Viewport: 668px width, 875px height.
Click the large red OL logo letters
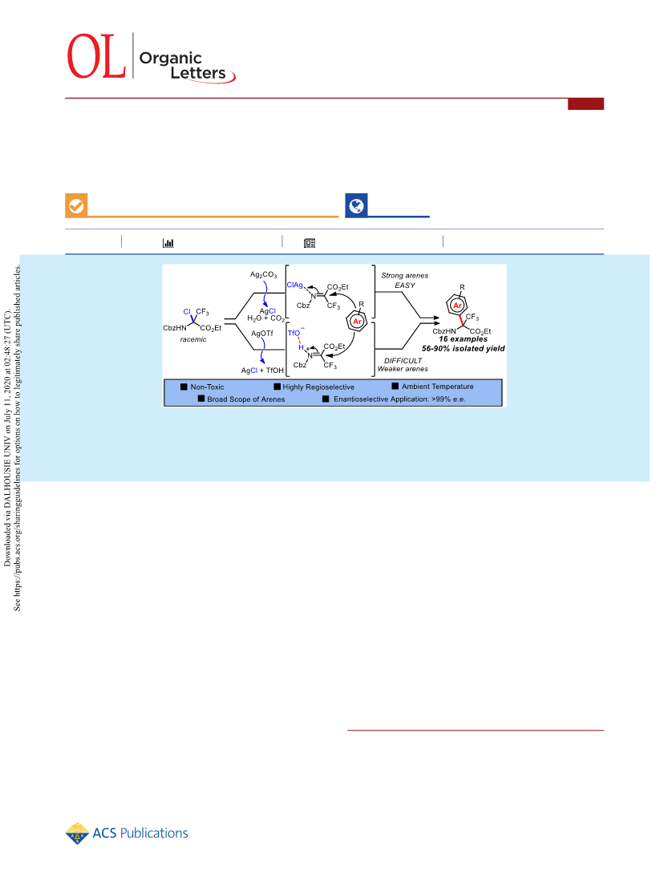96,56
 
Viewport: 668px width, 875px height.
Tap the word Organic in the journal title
170,59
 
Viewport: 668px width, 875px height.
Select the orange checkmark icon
76,205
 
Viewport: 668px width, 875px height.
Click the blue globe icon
356,205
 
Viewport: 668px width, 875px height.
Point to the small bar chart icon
168,243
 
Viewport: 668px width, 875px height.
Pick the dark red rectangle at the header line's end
585,103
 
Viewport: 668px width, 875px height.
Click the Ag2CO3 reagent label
263,274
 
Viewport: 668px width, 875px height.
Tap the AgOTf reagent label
262,333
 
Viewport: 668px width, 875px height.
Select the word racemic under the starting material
193,339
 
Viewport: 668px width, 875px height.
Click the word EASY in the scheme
405,286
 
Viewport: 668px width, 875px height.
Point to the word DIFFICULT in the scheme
403,360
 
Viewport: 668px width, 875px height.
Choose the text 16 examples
464,338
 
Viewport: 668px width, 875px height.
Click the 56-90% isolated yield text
464,348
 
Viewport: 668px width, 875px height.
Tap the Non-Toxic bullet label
207,387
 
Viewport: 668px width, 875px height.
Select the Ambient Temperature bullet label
438,386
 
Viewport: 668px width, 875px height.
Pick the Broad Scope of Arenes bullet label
246,399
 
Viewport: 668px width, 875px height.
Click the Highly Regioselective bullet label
318,387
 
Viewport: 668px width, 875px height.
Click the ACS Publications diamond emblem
77,833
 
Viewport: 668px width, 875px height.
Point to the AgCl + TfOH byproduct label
262,370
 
